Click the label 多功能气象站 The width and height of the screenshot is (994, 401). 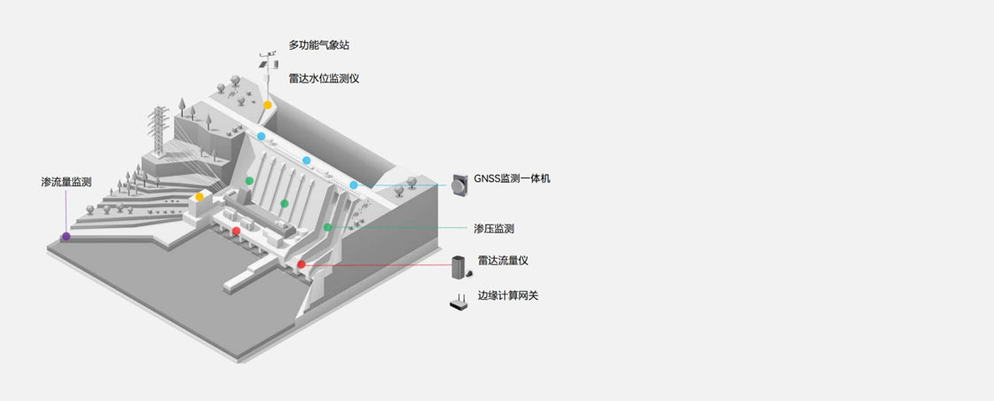pyautogui.click(x=325, y=45)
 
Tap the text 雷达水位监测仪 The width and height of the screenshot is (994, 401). pyautogui.click(x=324, y=78)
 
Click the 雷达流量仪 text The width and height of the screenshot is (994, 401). pyautogui.click(x=503, y=260)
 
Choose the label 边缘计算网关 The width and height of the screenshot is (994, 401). pyautogui.click(x=508, y=295)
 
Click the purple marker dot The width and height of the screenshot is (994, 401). pyautogui.click(x=66, y=236)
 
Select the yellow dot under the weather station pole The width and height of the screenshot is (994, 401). pyautogui.click(x=267, y=105)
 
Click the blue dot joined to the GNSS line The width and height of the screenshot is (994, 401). pyautogui.click(x=354, y=185)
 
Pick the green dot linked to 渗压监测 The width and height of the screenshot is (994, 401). pyautogui.click(x=327, y=228)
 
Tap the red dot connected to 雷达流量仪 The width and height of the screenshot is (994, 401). pyautogui.click(x=301, y=264)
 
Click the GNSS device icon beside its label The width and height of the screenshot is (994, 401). pyautogui.click(x=459, y=185)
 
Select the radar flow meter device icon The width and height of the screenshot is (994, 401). pyautogui.click(x=458, y=267)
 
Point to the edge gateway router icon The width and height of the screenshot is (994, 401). pyautogui.click(x=458, y=303)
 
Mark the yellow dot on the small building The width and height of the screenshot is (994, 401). pyautogui.click(x=200, y=196)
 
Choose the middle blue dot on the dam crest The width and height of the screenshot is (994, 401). pyautogui.click(x=307, y=161)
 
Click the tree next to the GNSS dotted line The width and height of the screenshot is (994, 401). pyautogui.click(x=412, y=185)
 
